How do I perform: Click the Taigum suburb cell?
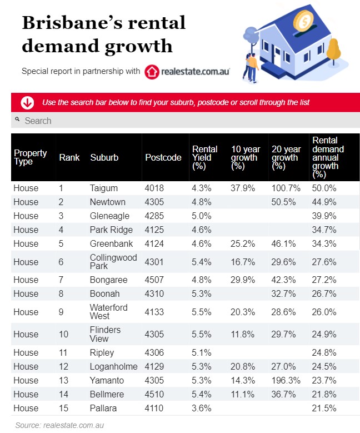(x=103, y=188)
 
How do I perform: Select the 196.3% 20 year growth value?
(x=286, y=380)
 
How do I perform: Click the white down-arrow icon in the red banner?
(x=27, y=103)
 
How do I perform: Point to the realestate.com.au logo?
(x=187, y=72)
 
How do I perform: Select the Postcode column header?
(x=163, y=157)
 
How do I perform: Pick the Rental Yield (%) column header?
(x=204, y=157)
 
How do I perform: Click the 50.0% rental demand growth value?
(x=324, y=188)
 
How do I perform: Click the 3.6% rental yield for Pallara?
(x=201, y=408)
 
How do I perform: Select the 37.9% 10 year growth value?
(x=243, y=188)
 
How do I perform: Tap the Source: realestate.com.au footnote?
(x=59, y=425)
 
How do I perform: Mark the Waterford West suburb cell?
(x=108, y=312)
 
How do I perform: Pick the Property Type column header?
(x=30, y=157)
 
